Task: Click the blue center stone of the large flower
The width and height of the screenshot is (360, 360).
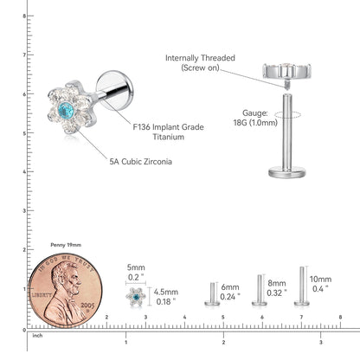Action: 66,109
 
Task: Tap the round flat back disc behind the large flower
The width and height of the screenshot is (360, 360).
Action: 115,90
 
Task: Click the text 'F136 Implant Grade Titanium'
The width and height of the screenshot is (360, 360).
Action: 169,132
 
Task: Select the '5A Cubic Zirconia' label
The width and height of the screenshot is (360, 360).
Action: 140,162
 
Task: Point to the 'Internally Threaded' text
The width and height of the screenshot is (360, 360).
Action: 200,58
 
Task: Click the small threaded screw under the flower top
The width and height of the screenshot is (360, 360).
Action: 286,84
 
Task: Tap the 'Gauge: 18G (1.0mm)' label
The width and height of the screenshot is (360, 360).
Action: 255,118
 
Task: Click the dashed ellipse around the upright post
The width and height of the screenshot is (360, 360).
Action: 287,115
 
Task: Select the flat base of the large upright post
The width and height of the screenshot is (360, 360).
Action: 287,172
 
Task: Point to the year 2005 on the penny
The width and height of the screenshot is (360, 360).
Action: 87,305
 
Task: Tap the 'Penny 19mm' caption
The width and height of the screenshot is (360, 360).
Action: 66,245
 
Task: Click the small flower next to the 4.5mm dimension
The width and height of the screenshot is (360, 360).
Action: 136,297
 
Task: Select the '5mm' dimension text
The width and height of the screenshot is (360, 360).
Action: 136,267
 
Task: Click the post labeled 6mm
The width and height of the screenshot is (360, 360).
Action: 212,294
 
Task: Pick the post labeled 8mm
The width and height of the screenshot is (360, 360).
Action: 260,290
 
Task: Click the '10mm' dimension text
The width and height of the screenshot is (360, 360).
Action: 320,280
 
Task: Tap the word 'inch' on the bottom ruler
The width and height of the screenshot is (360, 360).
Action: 37,336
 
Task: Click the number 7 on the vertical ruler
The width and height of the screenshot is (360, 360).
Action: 24,55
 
